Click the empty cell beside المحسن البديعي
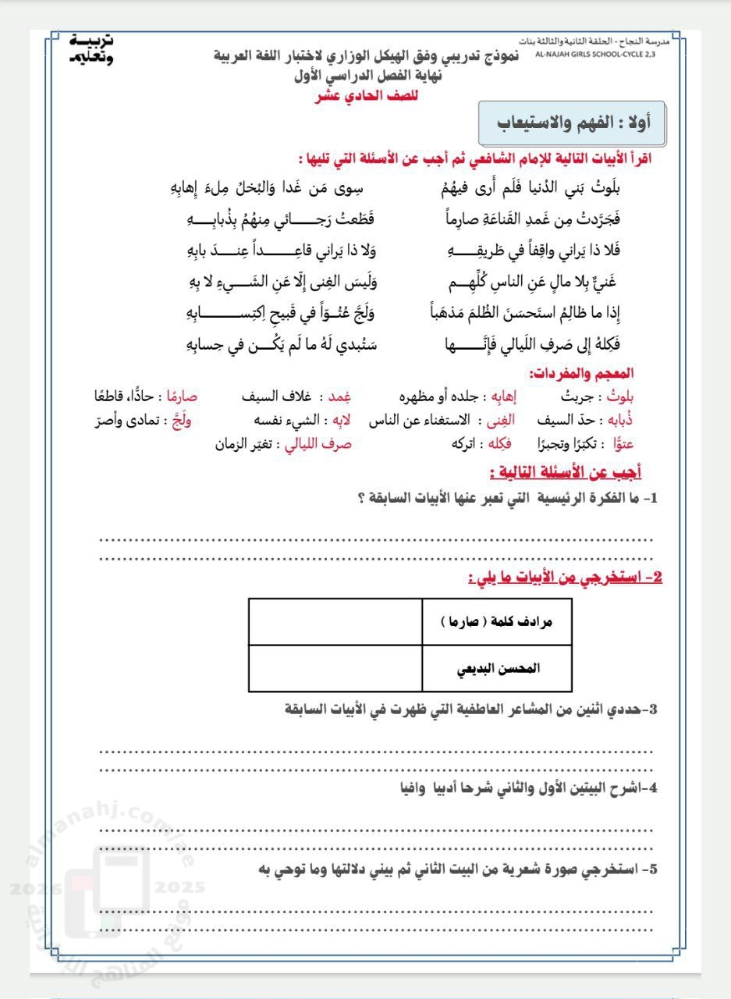[x=335, y=669]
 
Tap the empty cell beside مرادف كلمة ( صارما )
[x=335, y=622]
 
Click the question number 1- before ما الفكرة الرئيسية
[x=651, y=499]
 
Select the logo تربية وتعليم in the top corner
[x=91, y=48]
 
